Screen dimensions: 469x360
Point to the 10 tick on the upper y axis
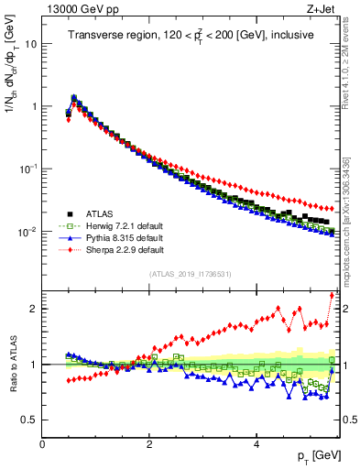(30, 43)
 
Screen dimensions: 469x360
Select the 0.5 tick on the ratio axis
(27, 420)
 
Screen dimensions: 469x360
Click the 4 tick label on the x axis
(256, 443)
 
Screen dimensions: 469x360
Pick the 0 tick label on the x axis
(43, 443)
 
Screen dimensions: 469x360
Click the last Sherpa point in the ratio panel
(332, 295)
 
